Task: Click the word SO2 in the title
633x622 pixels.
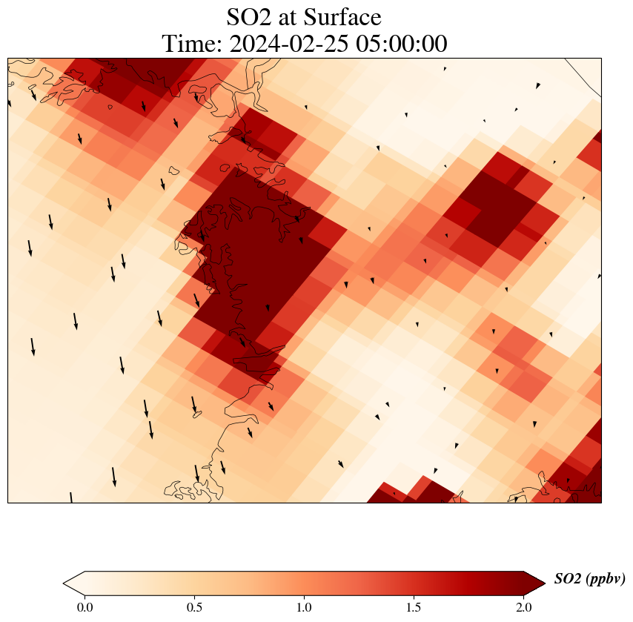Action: [x=250, y=17]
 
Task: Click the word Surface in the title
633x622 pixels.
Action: [x=347, y=17]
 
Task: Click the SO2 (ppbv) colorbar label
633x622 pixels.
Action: [x=589, y=579]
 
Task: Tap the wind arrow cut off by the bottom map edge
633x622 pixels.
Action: [x=71, y=497]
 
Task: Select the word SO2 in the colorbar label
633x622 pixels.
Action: [x=568, y=579]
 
